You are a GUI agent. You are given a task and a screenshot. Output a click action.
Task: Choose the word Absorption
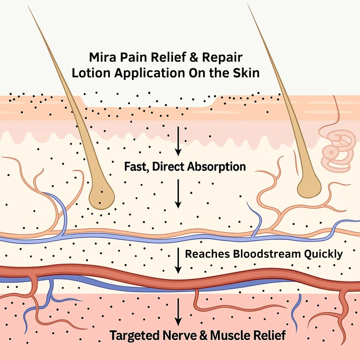(x=217, y=167)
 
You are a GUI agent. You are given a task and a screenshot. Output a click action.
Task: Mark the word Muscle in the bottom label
(x=232, y=335)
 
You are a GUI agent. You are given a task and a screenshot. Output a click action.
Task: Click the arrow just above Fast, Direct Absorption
(x=178, y=141)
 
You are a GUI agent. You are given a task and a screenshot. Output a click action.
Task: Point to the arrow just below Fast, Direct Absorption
(x=178, y=194)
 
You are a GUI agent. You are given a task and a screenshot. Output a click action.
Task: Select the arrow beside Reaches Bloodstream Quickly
(x=178, y=260)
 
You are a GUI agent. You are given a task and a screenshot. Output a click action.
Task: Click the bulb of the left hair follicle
(x=101, y=197)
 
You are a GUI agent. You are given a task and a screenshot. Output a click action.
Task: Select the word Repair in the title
(x=222, y=57)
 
